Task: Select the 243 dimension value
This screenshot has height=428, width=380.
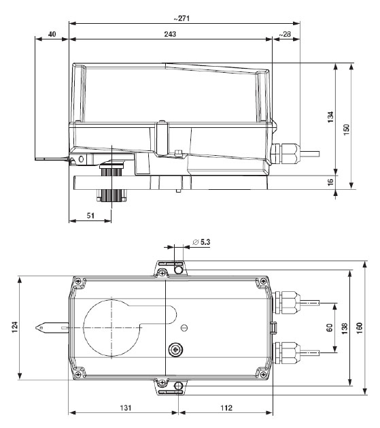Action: tap(169, 33)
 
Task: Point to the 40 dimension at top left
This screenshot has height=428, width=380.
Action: tap(52, 33)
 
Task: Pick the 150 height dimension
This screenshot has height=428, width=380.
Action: tap(346, 128)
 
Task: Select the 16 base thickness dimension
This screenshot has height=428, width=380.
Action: tap(330, 182)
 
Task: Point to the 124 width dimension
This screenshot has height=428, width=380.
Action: tap(14, 329)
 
